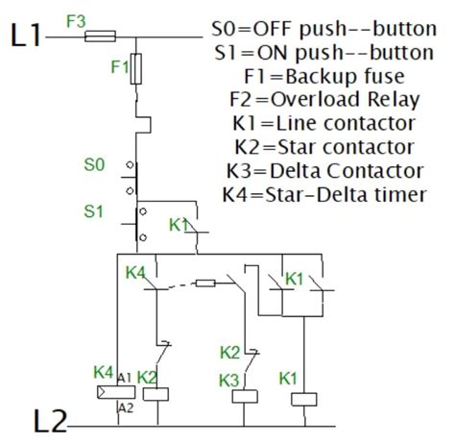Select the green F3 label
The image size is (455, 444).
78,20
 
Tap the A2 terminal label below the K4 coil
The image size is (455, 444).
125,408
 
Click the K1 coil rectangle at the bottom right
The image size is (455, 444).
303,399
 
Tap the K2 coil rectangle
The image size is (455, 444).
156,393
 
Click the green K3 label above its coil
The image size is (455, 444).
227,382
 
